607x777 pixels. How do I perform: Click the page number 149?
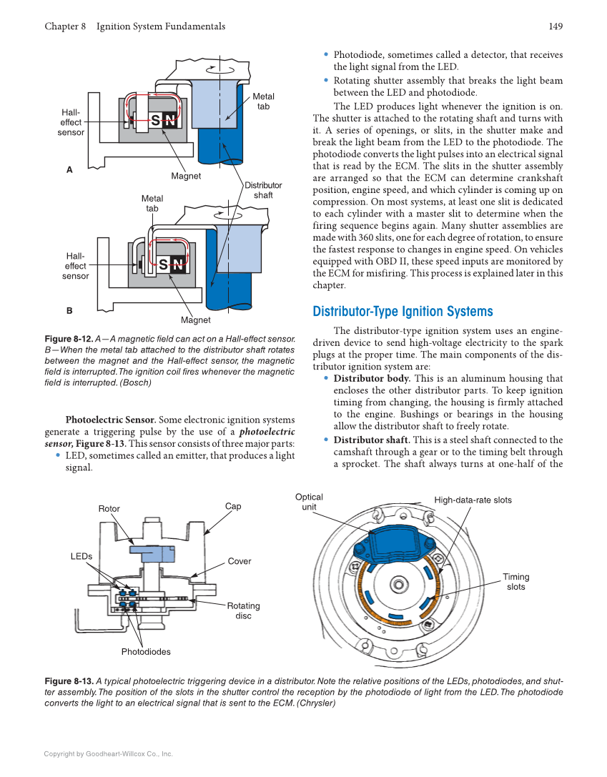point(556,26)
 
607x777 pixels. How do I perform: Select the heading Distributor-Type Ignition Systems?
point(403,312)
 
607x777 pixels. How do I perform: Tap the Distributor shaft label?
point(263,190)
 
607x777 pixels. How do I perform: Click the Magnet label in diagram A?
point(186,176)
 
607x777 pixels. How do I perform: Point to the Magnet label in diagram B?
point(195,320)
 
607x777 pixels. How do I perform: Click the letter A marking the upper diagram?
point(69,170)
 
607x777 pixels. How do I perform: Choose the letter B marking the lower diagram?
point(69,311)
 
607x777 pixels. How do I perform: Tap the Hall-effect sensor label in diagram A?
point(71,122)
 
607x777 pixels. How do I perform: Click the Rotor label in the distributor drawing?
point(109,509)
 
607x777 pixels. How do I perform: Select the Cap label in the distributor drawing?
point(233,506)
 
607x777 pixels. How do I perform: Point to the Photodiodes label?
point(146,651)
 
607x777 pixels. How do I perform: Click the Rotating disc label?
point(243,610)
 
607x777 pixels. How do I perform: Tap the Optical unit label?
point(309,502)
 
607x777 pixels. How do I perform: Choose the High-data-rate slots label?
point(473,500)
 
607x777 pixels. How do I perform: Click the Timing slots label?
point(515,582)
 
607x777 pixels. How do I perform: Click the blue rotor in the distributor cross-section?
point(152,553)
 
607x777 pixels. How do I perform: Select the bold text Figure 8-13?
point(69,681)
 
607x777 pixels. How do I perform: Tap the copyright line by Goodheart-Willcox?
point(109,753)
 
